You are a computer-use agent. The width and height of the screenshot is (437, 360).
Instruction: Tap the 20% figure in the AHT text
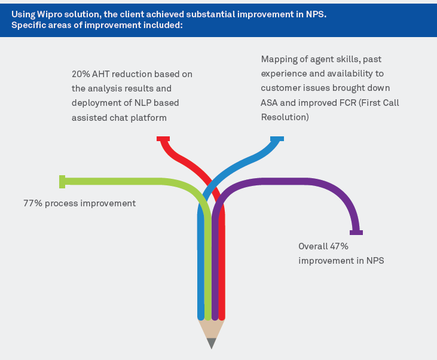pyautogui.click(x=81, y=74)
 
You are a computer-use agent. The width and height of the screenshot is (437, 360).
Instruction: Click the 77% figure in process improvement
pyautogui.click(x=33, y=203)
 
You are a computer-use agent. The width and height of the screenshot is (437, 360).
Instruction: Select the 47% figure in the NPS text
pyautogui.click(x=338, y=246)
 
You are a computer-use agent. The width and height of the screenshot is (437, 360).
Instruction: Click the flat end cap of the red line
pyautogui.click(x=163, y=139)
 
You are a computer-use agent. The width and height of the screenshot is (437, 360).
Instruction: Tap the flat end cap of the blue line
pyautogui.click(x=277, y=139)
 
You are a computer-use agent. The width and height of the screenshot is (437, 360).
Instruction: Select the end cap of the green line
pyautogui.click(x=62, y=181)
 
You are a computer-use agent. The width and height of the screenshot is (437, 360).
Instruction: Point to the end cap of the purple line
pyautogui.click(x=356, y=233)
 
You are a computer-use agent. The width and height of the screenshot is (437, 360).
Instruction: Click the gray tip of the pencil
pyautogui.click(x=211, y=343)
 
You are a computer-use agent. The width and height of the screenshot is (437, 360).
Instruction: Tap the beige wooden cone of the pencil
pyautogui.click(x=211, y=328)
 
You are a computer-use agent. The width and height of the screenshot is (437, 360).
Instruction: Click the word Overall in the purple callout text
pyautogui.click(x=314, y=246)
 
